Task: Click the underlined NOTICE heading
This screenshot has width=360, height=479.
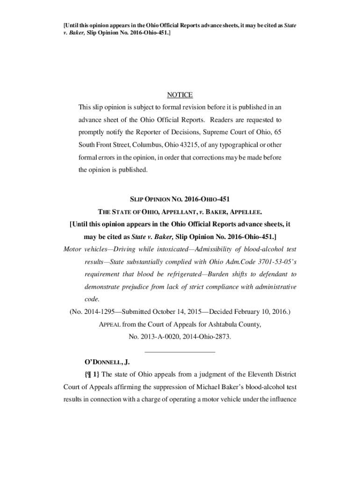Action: (180, 95)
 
